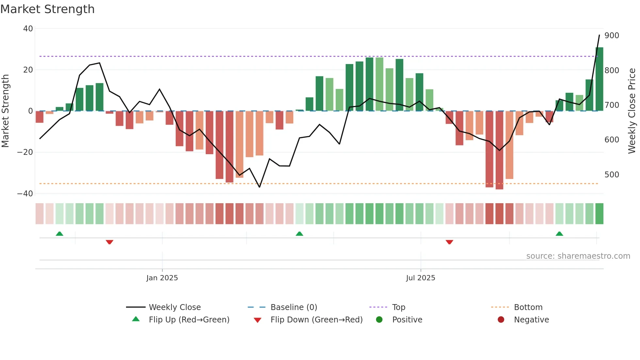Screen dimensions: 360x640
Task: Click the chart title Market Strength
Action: click(x=47, y=9)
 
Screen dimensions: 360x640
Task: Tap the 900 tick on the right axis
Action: click(x=611, y=36)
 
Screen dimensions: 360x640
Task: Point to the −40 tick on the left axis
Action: click(x=25, y=194)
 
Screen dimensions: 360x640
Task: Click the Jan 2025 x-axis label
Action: click(x=162, y=278)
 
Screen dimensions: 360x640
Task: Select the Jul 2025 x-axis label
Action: click(x=421, y=278)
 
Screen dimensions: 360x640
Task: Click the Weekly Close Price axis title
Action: click(x=632, y=111)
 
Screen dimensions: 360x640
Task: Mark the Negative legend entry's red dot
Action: click(x=501, y=319)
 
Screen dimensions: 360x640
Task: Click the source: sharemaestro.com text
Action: click(x=578, y=256)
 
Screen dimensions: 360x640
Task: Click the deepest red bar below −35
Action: click(x=499, y=150)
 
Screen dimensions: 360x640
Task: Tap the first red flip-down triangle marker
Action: click(x=109, y=242)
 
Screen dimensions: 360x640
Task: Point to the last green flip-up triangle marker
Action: click(x=559, y=234)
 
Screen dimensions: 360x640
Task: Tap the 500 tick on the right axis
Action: click(x=611, y=175)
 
